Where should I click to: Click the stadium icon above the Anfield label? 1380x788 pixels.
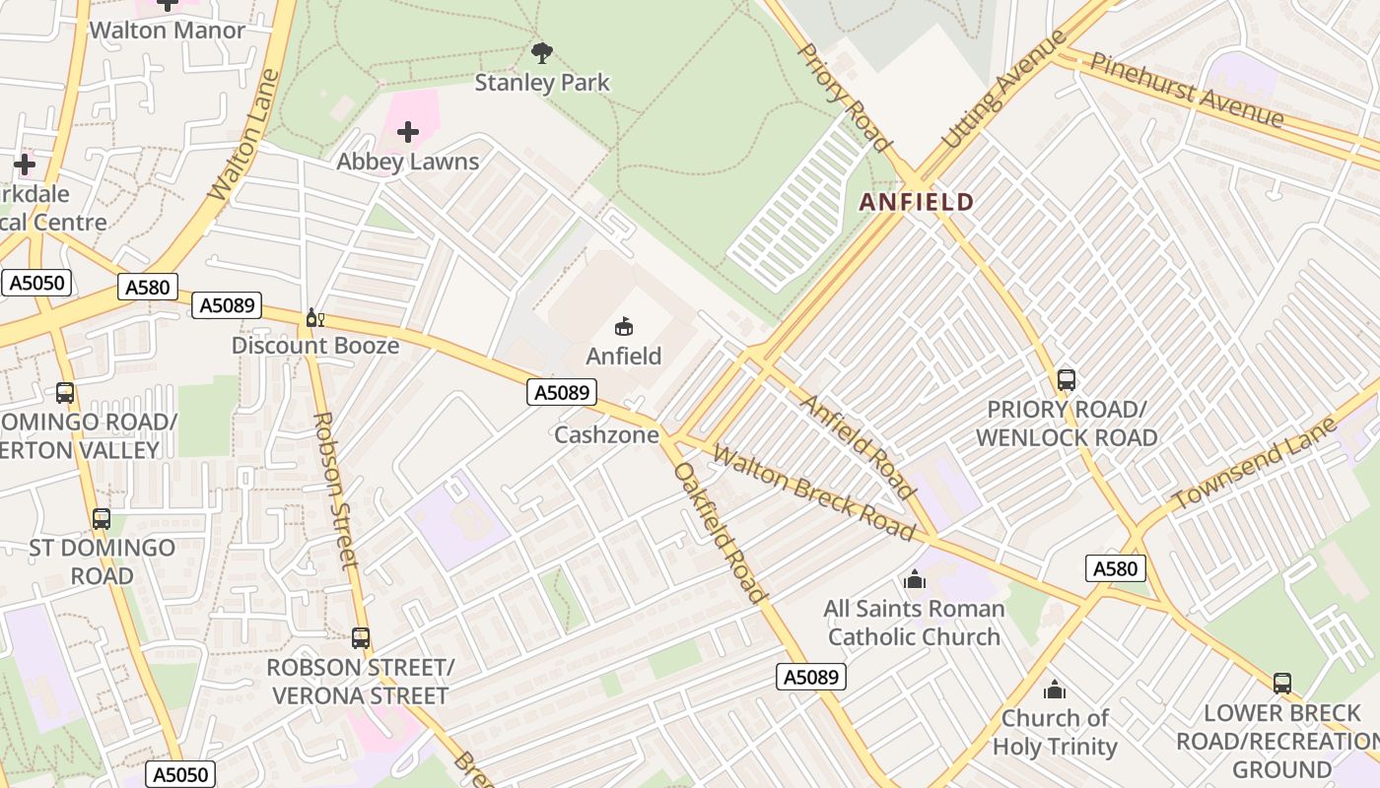coord(623,326)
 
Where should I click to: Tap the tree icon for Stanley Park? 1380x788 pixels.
coord(541,52)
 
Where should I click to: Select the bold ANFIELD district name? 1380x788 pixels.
coord(916,203)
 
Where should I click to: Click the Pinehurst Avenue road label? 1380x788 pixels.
coord(1187,90)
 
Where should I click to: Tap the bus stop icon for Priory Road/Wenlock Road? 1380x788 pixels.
coord(1066,379)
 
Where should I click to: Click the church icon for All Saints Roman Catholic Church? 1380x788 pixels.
coord(914,579)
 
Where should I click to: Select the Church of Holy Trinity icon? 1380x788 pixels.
coord(1054,689)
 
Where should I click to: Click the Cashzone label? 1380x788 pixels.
coord(606,434)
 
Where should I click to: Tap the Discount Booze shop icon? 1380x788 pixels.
coord(314,317)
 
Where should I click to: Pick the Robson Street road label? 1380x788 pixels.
coord(332,490)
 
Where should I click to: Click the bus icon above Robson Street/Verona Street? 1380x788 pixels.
coord(360,637)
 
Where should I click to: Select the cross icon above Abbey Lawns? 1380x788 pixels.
coord(407,132)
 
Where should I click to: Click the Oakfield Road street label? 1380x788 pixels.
coord(719,532)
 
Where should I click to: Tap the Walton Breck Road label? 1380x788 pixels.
coord(813,492)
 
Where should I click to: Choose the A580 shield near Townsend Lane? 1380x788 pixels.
coord(1116,568)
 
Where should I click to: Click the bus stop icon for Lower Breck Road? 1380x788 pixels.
coord(1281,683)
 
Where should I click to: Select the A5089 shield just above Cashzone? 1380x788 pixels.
coord(562,393)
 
